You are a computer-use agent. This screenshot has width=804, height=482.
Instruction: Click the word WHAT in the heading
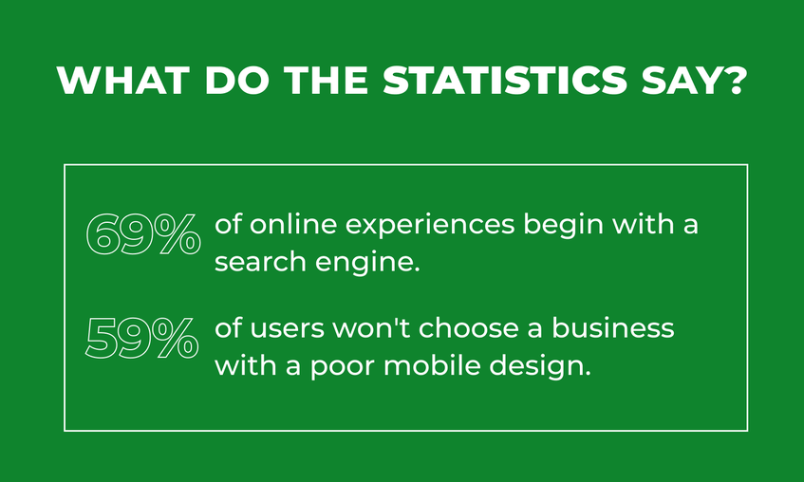tap(123, 80)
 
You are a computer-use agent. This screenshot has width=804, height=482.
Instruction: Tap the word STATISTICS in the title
tap(505, 80)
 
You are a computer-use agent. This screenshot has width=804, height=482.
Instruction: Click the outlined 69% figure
tap(143, 235)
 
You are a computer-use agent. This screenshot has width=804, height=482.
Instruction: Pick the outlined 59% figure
tap(142, 338)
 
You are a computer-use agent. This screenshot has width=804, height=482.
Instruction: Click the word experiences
tap(430, 226)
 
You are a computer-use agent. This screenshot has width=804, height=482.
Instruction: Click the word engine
tap(367, 263)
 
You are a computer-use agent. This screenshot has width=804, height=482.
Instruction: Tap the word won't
tap(372, 327)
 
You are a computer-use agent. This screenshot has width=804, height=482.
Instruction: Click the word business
tap(612, 327)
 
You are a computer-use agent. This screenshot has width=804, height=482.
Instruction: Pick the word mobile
tap(432, 365)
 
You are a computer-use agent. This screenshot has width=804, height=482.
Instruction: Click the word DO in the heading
tap(236, 80)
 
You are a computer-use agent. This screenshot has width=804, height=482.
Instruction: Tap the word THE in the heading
tap(327, 80)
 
